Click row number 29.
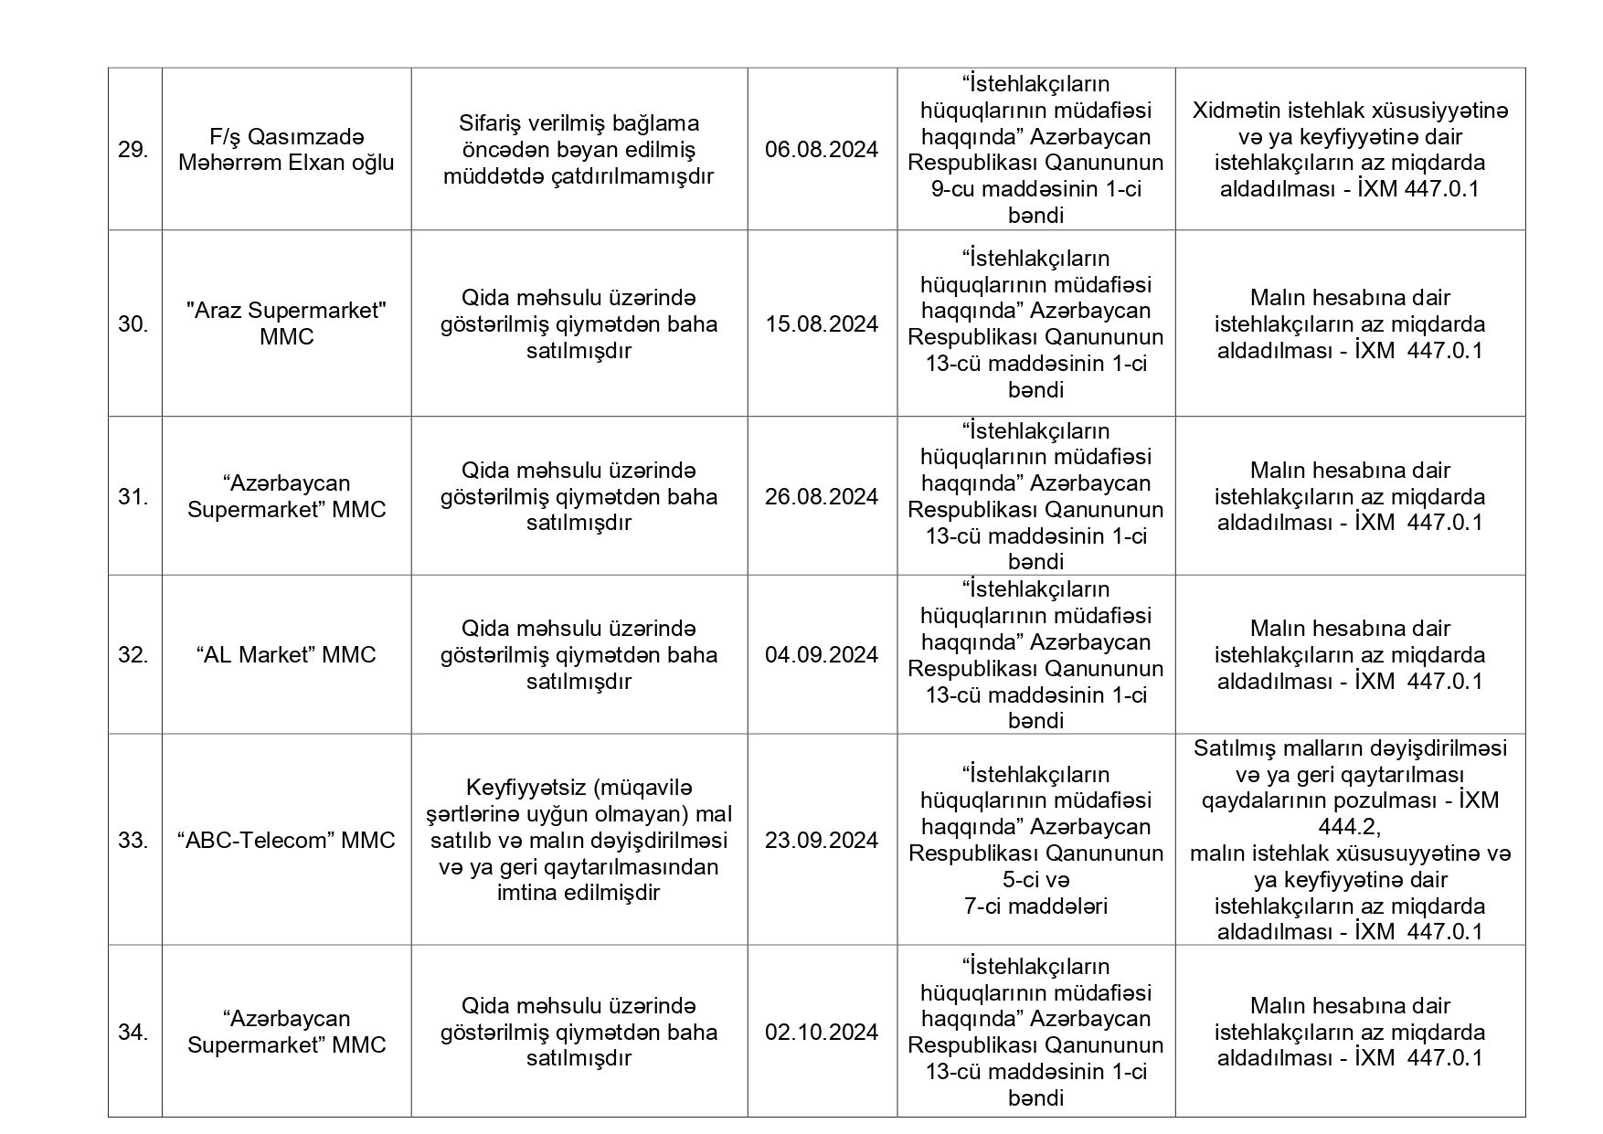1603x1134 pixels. click(x=133, y=150)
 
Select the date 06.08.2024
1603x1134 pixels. click(x=822, y=150)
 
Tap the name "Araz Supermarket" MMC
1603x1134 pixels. click(x=286, y=323)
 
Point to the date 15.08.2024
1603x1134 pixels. click(x=822, y=324)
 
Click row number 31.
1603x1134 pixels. click(x=133, y=497)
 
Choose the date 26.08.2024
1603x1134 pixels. click(x=822, y=497)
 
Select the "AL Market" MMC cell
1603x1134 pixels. click(x=286, y=655)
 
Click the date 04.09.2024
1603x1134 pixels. click(x=822, y=655)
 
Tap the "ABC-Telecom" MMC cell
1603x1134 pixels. click(x=286, y=841)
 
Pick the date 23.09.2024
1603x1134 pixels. click(x=822, y=841)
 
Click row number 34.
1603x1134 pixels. click(x=133, y=1033)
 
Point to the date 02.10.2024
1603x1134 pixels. click(x=822, y=1033)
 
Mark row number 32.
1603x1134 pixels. click(x=133, y=655)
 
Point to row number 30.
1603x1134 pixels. click(x=133, y=324)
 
